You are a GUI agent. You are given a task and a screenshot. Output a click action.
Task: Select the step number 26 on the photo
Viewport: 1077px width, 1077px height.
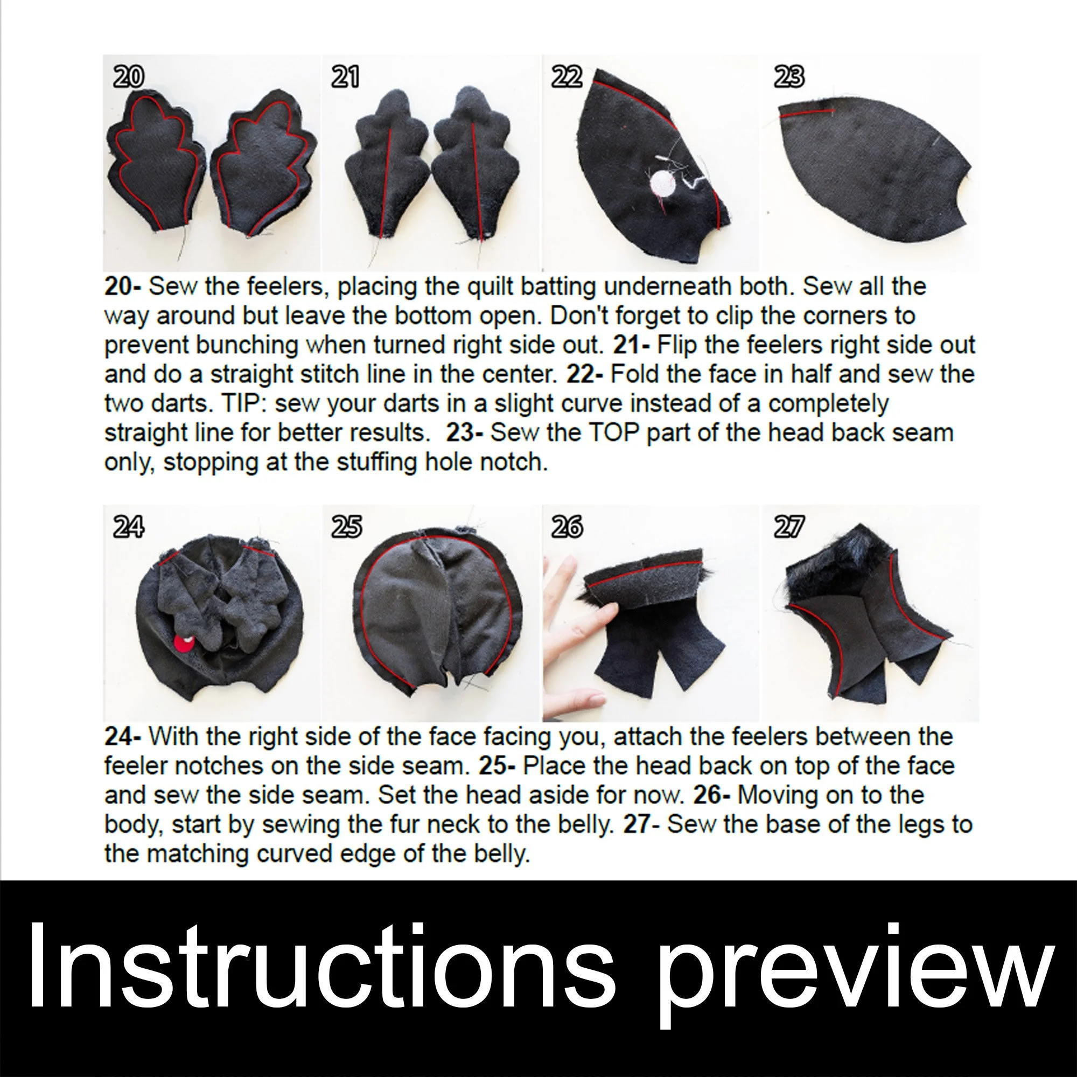(567, 527)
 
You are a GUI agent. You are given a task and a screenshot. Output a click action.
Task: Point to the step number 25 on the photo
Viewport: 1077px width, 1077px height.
(346, 527)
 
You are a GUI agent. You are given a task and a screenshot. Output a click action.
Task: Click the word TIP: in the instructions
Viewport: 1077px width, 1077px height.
(242, 403)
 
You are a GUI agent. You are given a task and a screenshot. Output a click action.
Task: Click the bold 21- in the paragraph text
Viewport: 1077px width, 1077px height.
(631, 345)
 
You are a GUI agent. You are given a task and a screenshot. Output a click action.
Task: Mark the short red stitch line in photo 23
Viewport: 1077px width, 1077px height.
(806, 113)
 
